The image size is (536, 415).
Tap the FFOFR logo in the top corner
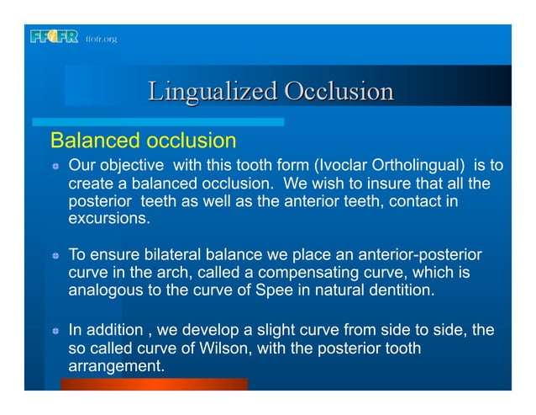point(54,37)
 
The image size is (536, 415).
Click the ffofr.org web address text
point(102,39)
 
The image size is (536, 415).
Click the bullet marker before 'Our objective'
point(55,165)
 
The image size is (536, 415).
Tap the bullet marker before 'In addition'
point(55,331)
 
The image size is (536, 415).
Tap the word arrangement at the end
point(116,367)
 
